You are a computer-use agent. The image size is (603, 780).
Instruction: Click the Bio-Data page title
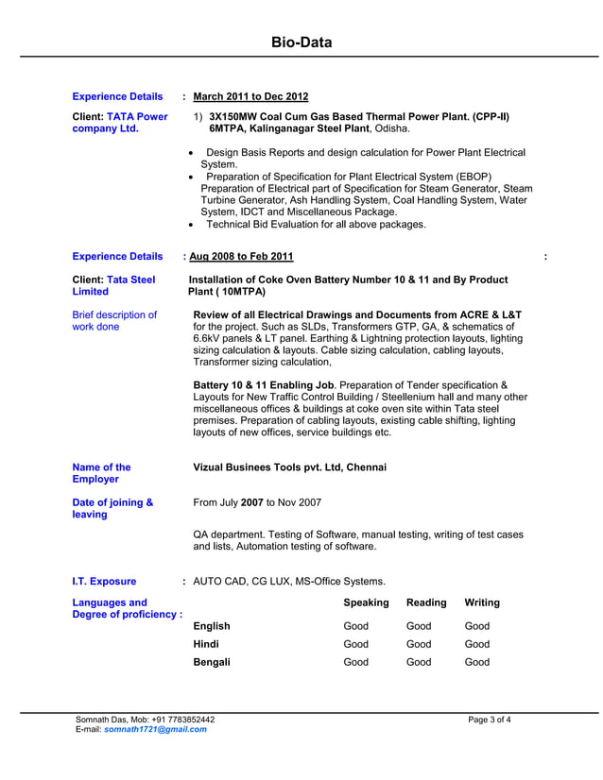click(301, 42)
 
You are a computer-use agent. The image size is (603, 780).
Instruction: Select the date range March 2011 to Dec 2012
click(250, 96)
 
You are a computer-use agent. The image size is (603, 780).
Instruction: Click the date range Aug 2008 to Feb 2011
click(241, 256)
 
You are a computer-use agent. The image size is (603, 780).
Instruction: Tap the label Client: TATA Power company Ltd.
click(120, 123)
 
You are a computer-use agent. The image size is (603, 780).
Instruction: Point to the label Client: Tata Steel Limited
click(113, 286)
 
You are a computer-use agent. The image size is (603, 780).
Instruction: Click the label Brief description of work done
click(114, 321)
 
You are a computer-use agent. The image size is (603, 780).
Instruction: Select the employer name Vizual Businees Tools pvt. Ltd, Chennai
click(289, 467)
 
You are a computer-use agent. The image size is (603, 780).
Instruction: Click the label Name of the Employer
click(102, 473)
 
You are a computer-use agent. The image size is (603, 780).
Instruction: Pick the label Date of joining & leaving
click(112, 509)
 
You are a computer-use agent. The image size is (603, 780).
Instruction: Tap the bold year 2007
click(251, 503)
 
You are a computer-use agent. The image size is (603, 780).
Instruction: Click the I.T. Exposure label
click(104, 582)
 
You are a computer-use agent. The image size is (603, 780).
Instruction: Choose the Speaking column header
click(366, 602)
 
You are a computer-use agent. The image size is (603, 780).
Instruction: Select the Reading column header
click(426, 602)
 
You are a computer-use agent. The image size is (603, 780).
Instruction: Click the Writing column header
click(482, 602)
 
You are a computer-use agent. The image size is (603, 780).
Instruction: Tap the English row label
click(212, 626)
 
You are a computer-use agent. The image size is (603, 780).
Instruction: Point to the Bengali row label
click(212, 663)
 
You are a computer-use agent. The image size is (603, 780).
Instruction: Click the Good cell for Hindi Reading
click(419, 644)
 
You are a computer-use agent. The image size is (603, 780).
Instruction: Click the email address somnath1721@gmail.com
click(155, 729)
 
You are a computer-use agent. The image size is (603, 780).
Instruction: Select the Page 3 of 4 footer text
click(490, 720)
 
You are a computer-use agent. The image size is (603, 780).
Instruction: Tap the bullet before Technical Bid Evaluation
click(192, 225)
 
